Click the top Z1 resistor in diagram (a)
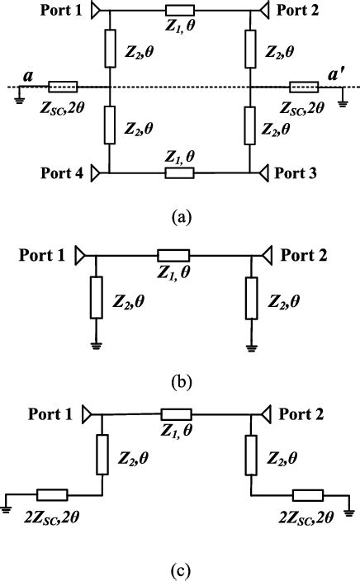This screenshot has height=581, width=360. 178,11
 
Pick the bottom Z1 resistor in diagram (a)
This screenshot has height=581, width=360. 179,173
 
